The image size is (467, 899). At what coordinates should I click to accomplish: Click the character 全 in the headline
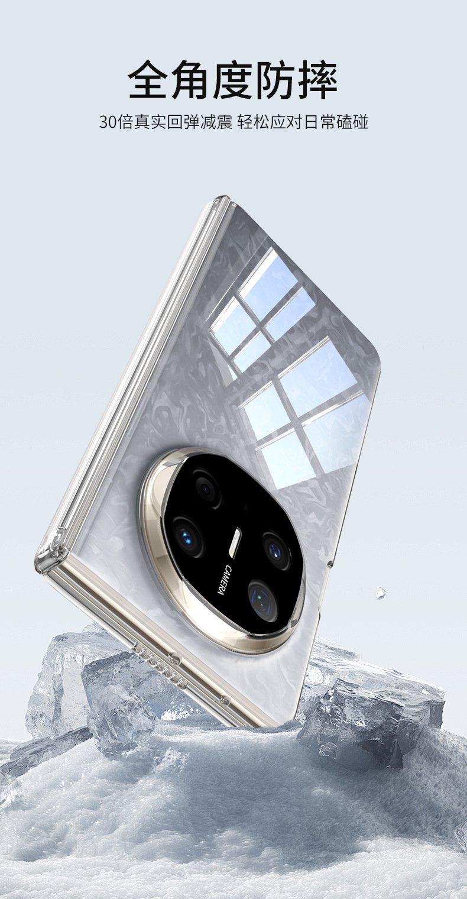tap(149, 79)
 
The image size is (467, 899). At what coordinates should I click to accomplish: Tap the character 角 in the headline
tap(191, 79)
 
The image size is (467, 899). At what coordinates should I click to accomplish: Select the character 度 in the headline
tap(234, 79)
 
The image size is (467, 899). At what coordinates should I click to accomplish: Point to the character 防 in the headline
tap(275, 79)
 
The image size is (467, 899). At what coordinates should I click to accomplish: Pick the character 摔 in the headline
tap(318, 79)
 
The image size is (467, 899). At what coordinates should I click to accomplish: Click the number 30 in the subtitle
tap(108, 122)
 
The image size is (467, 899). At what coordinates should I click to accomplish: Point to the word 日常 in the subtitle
tap(320, 122)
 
